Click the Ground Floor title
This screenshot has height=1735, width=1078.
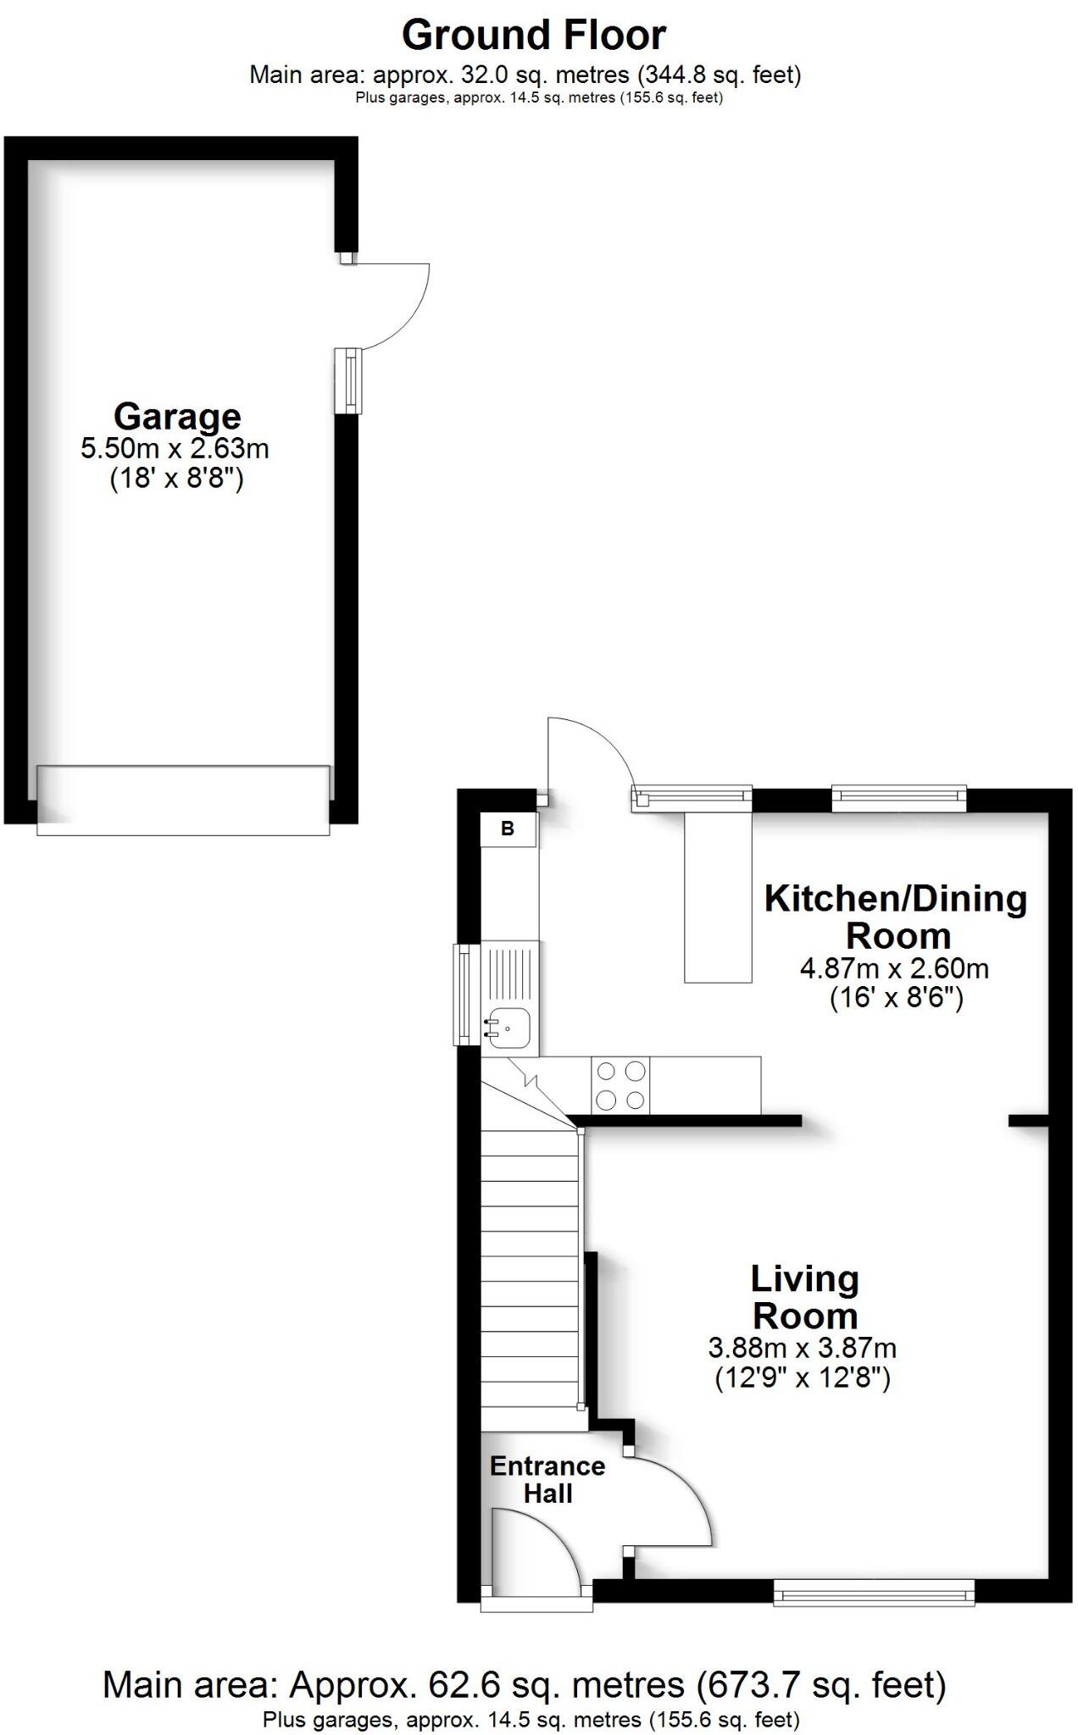coord(533,36)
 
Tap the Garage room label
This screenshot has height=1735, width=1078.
coord(177,416)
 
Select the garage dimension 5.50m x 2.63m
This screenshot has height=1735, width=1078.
coord(175,447)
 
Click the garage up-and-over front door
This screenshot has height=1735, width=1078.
coord(183,800)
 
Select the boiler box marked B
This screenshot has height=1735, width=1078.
coord(508,829)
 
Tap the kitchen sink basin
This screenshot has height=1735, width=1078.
coord(508,1028)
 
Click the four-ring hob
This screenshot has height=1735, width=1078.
coord(620,1085)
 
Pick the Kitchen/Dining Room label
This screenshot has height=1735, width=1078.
coord(896,917)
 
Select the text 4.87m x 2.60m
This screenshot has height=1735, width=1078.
coord(894,967)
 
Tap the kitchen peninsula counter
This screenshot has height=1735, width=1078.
coord(718,896)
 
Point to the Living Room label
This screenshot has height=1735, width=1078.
coord(804,1297)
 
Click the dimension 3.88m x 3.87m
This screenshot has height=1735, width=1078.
coord(802,1347)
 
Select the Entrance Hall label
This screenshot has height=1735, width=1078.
coord(547,1479)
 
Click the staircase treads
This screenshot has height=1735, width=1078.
coord(531,1271)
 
